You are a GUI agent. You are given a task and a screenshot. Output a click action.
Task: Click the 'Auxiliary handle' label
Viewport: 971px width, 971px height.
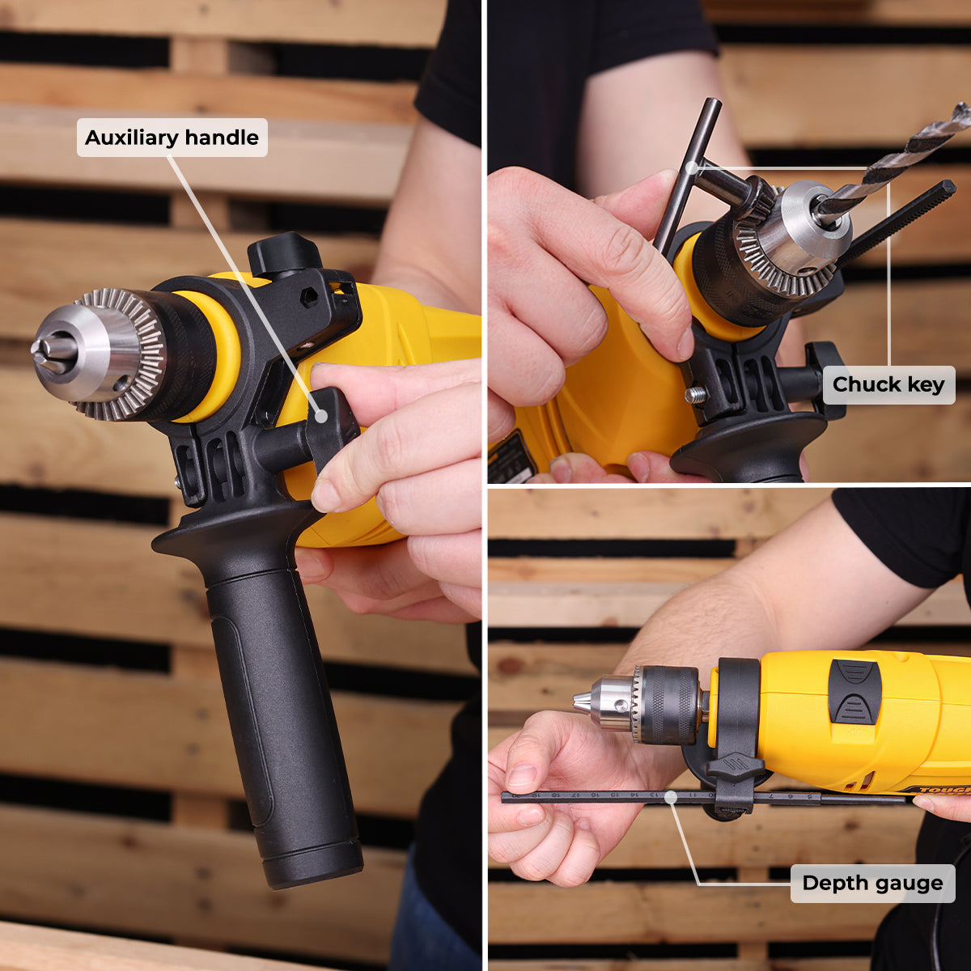[172, 138]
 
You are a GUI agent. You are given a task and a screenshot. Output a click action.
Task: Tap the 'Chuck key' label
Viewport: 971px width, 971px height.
[888, 384]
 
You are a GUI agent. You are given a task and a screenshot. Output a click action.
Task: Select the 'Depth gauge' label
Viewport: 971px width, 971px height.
[872, 884]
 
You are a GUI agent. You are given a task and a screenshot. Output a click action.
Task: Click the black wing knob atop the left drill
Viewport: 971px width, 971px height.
[283, 252]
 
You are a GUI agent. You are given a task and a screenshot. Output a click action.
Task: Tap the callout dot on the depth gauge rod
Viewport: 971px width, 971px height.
[670, 798]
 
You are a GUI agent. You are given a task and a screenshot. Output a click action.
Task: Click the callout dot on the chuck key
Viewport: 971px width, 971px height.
[691, 168]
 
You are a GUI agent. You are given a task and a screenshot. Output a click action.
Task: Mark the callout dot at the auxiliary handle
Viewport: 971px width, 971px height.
[321, 416]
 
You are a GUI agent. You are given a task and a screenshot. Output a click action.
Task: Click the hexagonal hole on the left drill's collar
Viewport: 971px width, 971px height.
[308, 297]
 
